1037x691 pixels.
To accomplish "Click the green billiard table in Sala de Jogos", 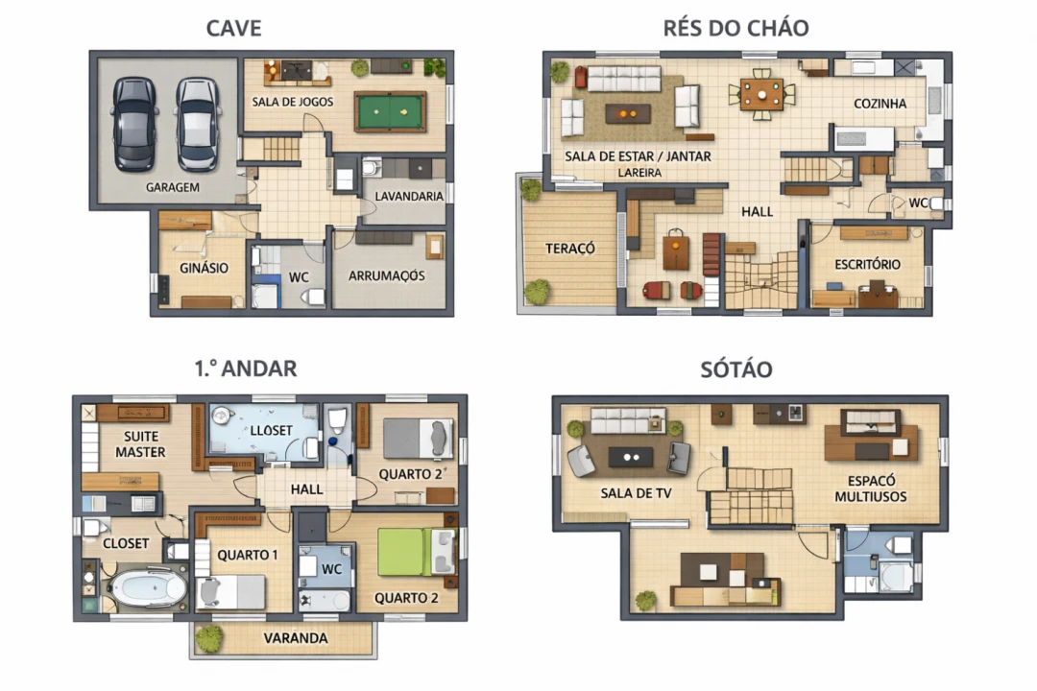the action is (391, 111).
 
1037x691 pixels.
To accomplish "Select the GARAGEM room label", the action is (173, 187).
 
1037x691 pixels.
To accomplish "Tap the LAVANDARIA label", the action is (409, 197).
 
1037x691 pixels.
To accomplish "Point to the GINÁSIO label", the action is (204, 268).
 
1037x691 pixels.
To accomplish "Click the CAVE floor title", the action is (234, 29).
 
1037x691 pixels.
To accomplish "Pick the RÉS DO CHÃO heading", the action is (736, 29).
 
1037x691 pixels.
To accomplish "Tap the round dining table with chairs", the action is (761, 95).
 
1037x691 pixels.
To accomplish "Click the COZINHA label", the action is (880, 104).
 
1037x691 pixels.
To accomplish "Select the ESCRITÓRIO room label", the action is (867, 265).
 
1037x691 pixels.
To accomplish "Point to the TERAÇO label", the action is (570, 249).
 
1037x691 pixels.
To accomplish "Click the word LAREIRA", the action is (639, 173).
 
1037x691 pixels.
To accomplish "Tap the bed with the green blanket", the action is (417, 553).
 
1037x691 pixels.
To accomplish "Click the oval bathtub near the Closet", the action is (148, 587).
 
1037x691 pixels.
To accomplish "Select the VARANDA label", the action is (296, 638).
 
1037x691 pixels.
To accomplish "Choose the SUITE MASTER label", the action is (140, 444).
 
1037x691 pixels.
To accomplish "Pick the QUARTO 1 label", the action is (248, 555).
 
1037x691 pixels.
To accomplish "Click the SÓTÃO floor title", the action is (736, 369).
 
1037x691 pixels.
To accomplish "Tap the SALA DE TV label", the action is (636, 493).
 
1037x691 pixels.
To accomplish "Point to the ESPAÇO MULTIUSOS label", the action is (870, 488).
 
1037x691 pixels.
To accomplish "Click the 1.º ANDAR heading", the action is (246, 369).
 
